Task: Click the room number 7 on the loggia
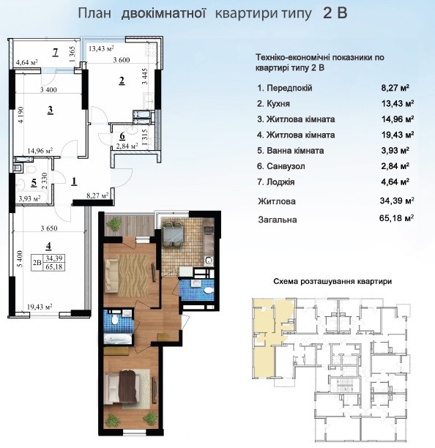tap(56, 52)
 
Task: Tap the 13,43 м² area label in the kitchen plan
tap(101, 48)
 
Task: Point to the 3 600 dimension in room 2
tap(121, 60)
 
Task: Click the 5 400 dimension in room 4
tap(19, 259)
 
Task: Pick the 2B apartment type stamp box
tap(48, 262)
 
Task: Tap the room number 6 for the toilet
tap(122, 136)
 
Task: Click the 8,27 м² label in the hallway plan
tap(97, 195)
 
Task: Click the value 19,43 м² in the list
tap(398, 134)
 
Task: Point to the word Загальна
tap(278, 220)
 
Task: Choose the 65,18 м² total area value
tap(397, 218)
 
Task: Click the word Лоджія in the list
tap(280, 182)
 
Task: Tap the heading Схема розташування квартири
tap(332, 281)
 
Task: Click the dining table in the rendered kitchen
tap(173, 234)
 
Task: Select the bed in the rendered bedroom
tap(127, 387)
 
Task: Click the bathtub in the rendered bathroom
tap(118, 340)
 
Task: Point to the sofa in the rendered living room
tap(111, 275)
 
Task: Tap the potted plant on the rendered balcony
tap(114, 224)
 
